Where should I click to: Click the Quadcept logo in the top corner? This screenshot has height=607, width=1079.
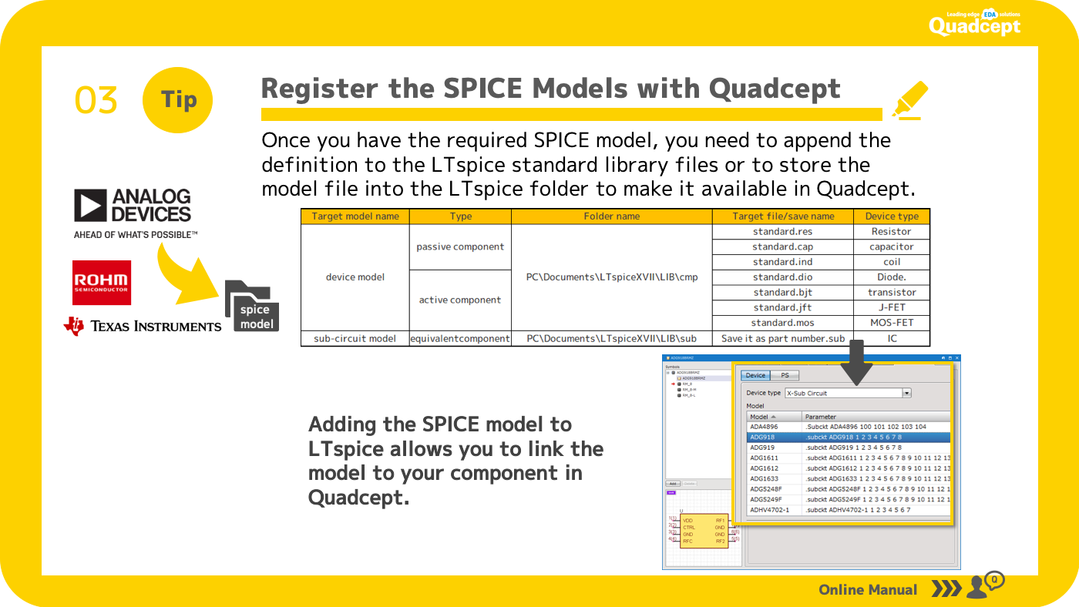[974, 24]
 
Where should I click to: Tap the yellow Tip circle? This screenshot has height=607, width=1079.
[178, 99]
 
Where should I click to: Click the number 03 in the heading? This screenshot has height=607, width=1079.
[96, 100]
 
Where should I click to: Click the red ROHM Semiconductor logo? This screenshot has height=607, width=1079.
[102, 283]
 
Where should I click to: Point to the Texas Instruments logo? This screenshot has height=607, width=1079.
[143, 326]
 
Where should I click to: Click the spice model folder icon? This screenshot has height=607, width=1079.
[252, 307]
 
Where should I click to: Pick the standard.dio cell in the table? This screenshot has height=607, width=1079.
[782, 277]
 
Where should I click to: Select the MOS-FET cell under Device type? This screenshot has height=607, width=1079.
[892, 323]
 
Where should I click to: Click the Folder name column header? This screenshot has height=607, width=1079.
[611, 216]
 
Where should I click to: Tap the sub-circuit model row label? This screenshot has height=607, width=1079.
[355, 338]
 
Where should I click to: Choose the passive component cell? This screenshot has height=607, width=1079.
[460, 246]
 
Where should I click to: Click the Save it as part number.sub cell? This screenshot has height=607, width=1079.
[782, 338]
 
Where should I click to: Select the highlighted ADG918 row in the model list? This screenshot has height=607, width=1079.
[848, 437]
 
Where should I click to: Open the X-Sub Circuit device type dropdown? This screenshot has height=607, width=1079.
[906, 393]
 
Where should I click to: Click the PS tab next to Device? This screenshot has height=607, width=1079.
[785, 375]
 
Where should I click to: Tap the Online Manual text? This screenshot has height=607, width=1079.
[868, 589]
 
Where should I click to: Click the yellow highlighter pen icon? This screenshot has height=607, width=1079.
[909, 99]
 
